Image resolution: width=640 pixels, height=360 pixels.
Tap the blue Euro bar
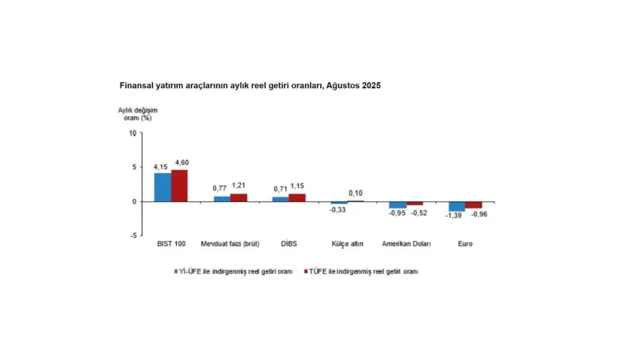(x=457, y=206)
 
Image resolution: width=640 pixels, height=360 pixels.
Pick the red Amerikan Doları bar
(x=416, y=203)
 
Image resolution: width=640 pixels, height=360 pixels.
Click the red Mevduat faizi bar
(x=238, y=197)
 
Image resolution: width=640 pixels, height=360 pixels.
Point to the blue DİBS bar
(x=280, y=199)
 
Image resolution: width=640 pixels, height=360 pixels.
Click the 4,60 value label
(x=181, y=163)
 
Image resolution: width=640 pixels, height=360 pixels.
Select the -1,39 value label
(x=454, y=216)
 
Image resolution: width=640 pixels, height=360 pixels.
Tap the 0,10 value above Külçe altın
(x=355, y=194)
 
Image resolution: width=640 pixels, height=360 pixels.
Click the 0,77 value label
(x=219, y=187)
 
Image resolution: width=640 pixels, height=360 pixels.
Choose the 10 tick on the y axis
(x=133, y=134)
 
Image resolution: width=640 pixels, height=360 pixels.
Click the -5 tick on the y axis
(x=133, y=236)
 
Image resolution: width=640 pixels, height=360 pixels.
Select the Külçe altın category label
(x=347, y=244)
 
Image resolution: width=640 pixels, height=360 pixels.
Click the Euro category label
(x=465, y=244)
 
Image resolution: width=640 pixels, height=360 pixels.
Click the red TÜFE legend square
(x=306, y=271)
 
